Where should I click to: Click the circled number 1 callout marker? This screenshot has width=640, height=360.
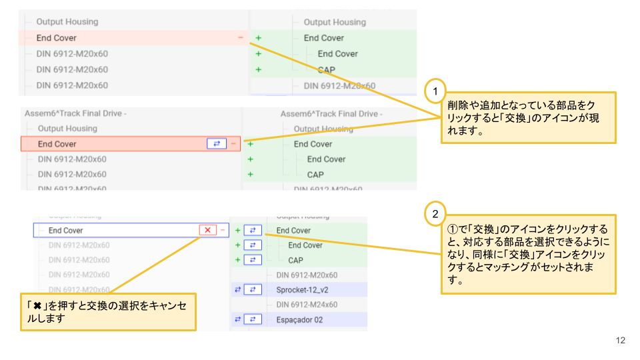point(435,90)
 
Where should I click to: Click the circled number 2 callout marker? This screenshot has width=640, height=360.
point(435,214)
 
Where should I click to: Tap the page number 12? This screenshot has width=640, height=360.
point(621,341)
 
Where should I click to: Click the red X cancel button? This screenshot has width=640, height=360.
point(207,230)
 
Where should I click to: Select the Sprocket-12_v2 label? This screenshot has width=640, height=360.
point(303,290)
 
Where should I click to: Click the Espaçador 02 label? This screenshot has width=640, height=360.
point(299,319)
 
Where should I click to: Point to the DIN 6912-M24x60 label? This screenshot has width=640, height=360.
point(307,305)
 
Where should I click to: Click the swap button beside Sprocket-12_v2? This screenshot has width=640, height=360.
point(253,290)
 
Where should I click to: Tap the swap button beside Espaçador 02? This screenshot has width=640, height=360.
point(253,319)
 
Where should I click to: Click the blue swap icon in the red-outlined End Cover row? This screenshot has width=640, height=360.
point(217,143)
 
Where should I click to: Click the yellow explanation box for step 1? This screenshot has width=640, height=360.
point(528,117)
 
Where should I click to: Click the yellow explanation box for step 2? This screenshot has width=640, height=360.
point(528,254)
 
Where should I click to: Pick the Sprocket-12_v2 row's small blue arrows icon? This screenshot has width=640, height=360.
point(237,290)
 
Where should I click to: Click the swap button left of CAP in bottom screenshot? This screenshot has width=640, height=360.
point(253,260)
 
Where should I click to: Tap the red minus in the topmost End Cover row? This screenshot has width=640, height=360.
point(241,38)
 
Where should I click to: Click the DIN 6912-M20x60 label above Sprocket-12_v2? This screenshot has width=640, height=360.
point(307,275)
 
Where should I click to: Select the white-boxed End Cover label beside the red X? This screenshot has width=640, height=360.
point(66,231)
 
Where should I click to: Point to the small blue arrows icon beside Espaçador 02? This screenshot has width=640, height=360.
point(237,319)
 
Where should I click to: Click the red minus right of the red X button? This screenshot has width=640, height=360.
point(223,230)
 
